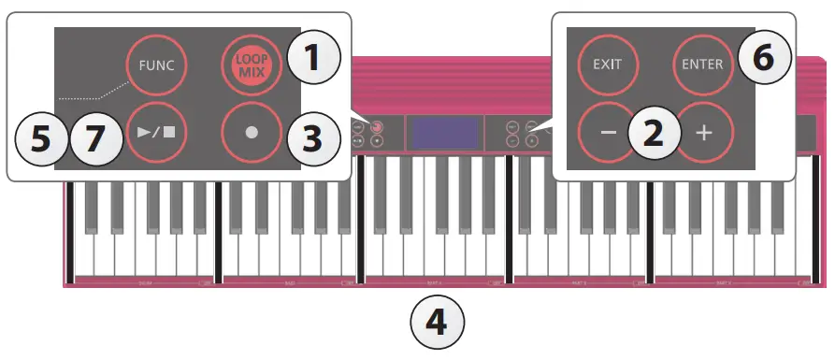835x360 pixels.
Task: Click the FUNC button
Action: point(157,65)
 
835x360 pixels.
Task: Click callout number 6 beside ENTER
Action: point(765,58)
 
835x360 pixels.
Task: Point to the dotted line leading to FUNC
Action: point(94,90)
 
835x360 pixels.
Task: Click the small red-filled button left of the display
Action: point(376,126)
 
